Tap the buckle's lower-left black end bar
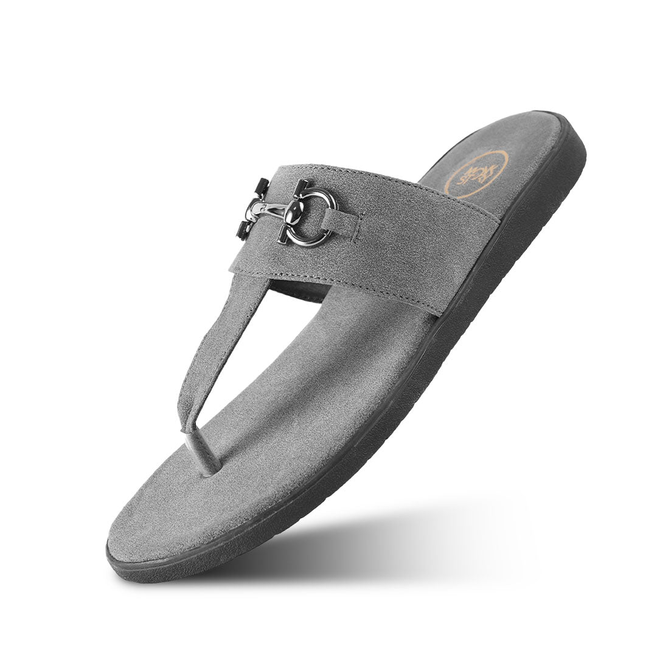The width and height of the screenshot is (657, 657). [246, 230]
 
